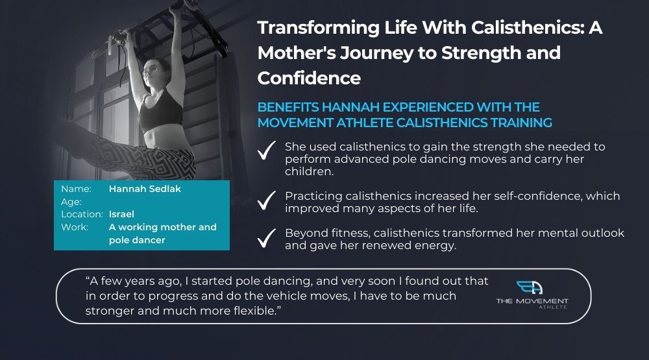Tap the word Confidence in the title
pos(309,78)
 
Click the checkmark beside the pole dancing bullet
pos(266,150)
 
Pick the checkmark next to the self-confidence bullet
pos(266,200)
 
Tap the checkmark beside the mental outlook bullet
pos(266,238)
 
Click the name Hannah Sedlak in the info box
pos(145,189)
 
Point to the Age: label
pos(71,202)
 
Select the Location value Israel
pos(121,214)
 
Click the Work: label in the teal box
pos(75,227)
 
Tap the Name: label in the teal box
pos(76,189)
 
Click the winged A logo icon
pos(530,287)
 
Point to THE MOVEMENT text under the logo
pos(532,301)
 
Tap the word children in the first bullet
pos(309,171)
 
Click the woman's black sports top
pos(160,111)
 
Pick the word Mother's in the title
pos(297,53)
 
